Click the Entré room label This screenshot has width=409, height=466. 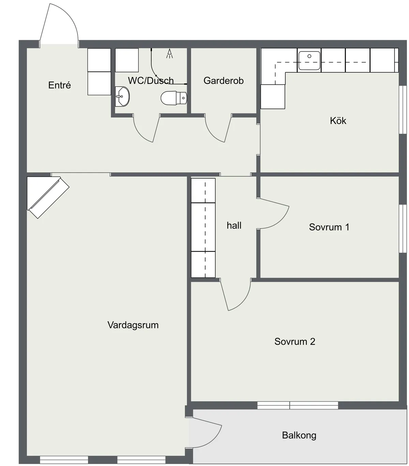coord(60,85)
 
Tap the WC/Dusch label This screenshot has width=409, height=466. coord(151,81)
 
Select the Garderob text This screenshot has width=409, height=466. coord(223,81)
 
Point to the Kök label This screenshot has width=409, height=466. coord(338,121)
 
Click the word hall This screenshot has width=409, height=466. coord(234,225)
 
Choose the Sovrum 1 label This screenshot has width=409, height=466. coord(329,227)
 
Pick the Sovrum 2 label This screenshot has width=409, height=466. coord(294,342)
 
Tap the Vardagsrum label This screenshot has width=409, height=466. coord(133,325)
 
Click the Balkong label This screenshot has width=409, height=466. coord(299,435)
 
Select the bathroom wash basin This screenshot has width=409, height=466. coord(122,96)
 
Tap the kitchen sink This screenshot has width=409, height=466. coord(309,61)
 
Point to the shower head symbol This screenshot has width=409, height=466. coord(169,54)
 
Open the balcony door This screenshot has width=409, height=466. coord(206,433)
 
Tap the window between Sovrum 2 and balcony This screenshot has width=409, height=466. coord(298,405)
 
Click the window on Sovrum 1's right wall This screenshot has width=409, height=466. coord(403,228)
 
